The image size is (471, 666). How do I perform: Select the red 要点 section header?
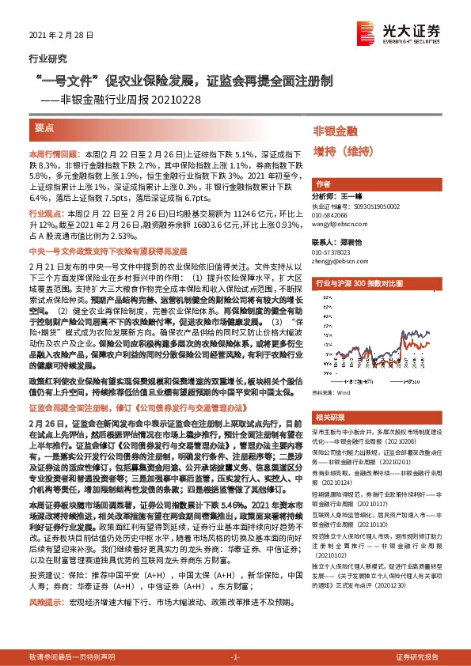[45, 127]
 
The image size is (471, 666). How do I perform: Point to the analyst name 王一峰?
[351, 195]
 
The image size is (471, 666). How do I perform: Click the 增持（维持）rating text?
[341, 149]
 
